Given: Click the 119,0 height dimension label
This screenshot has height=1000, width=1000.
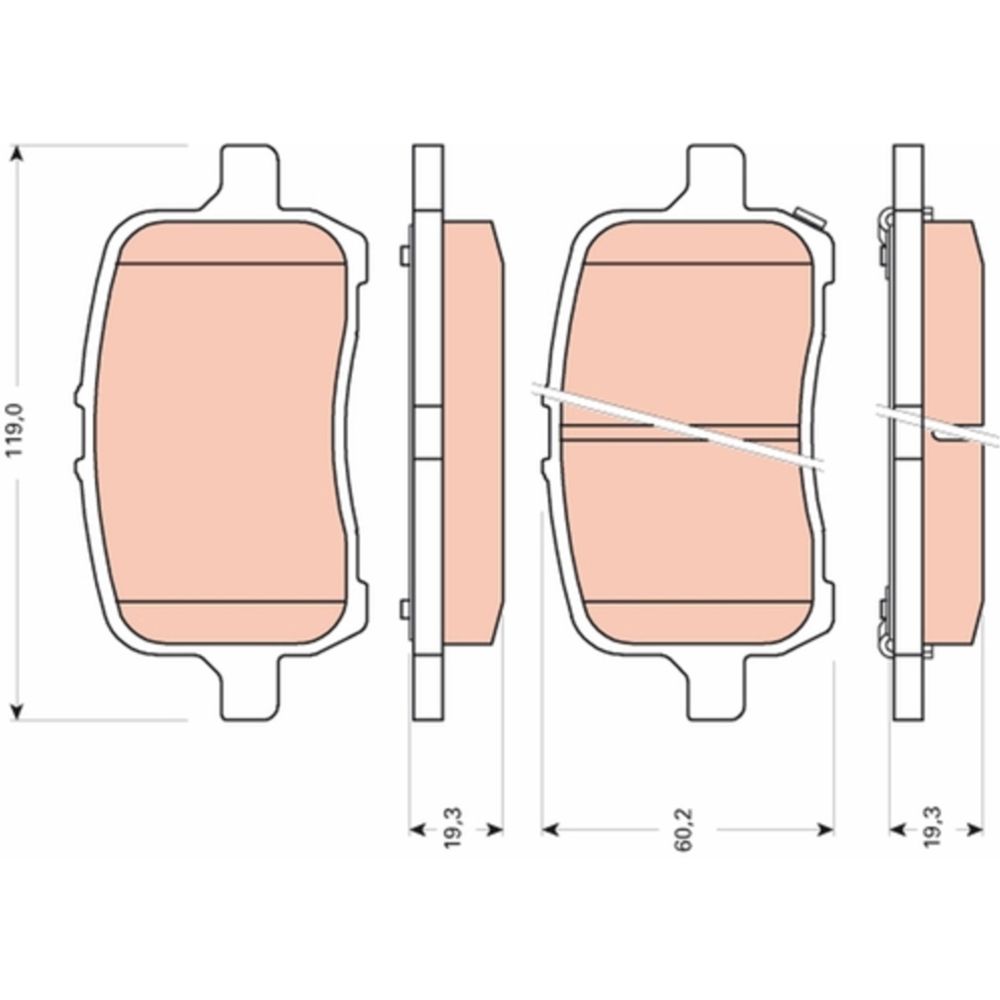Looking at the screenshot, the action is (x=15, y=429).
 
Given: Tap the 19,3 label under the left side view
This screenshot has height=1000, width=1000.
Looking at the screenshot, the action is (x=453, y=828).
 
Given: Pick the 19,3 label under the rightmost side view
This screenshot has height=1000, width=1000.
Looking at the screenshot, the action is (x=933, y=827).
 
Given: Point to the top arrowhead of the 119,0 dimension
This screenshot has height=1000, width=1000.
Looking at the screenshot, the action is (x=18, y=154).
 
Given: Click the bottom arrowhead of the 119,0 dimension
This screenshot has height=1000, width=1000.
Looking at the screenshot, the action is (x=18, y=711).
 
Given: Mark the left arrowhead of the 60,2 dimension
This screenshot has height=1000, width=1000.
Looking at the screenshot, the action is (x=550, y=829).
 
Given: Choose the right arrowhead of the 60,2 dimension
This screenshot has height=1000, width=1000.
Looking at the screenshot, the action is (x=825, y=829).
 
